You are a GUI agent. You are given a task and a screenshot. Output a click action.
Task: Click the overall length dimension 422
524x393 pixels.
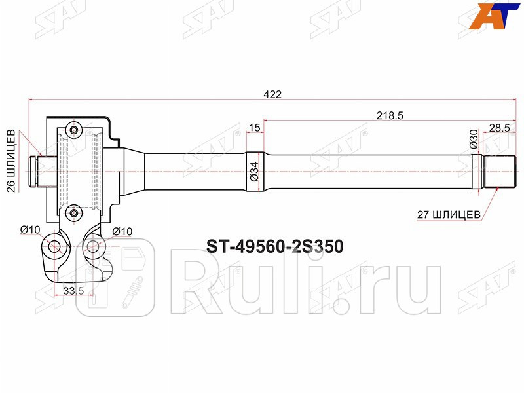273,94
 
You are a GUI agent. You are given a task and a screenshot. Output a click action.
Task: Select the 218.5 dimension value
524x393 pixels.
389,115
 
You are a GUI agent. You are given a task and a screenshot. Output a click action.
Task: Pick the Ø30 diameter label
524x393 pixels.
473,139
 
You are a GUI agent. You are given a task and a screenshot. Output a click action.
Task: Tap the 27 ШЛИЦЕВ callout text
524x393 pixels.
450,214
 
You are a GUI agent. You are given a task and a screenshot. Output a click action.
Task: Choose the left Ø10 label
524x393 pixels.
30,229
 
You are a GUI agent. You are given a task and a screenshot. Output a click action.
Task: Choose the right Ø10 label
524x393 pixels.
122,231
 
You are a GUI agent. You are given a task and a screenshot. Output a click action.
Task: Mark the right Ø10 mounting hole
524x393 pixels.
92,247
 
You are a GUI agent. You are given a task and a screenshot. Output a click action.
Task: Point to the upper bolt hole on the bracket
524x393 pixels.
75,131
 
